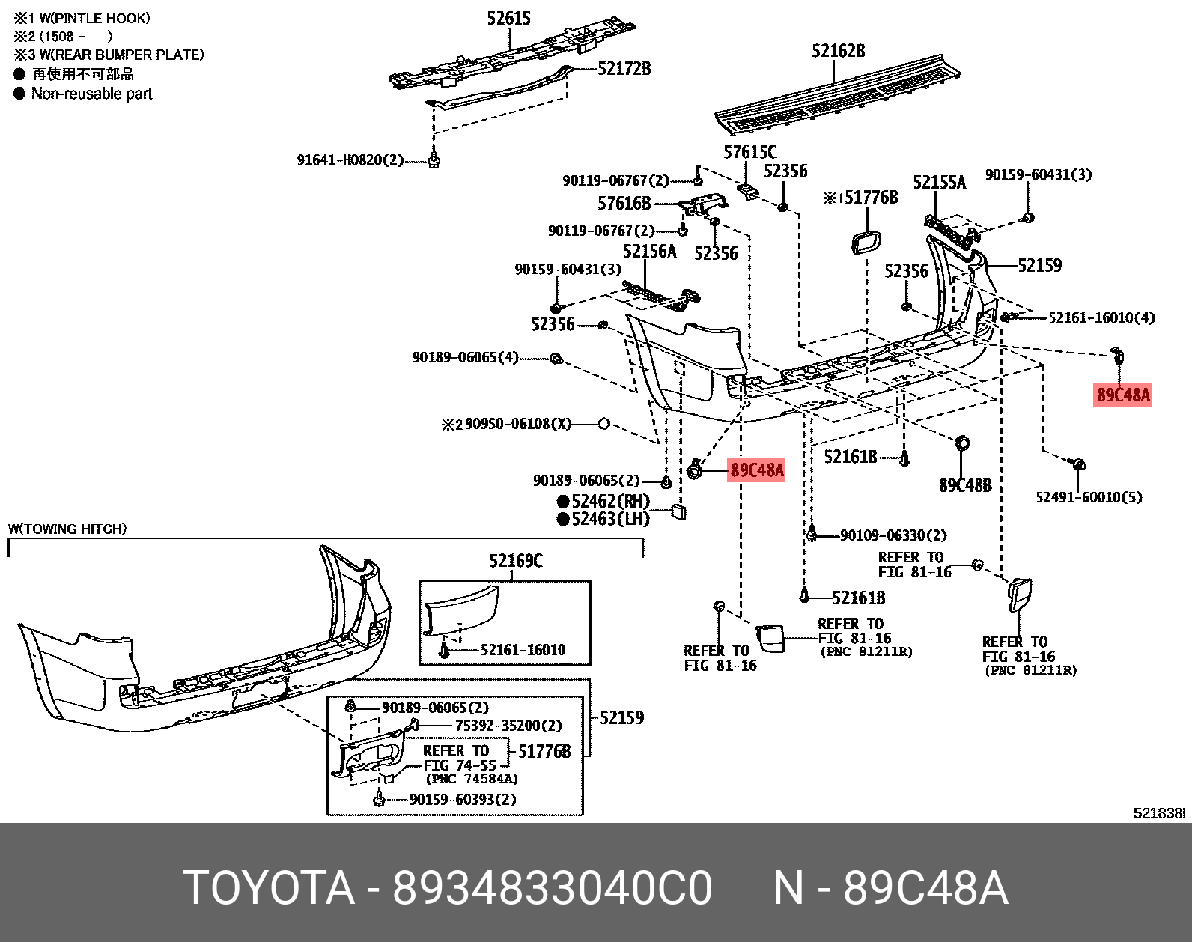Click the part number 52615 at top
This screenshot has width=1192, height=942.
tap(508, 19)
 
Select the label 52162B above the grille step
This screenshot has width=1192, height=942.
tap(838, 51)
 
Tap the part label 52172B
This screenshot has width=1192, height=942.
tap(624, 69)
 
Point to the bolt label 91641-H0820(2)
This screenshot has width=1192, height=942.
tap(350, 160)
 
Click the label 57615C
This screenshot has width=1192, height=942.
tap(749, 153)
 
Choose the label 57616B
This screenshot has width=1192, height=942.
tap(624, 204)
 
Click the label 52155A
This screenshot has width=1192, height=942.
tap(939, 183)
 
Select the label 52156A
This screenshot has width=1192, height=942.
tap(649, 252)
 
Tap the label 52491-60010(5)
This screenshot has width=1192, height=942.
tap(1089, 497)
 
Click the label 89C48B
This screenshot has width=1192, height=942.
tap(965, 486)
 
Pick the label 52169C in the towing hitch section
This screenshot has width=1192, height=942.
tap(516, 562)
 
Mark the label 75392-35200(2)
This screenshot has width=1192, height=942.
tap(508, 726)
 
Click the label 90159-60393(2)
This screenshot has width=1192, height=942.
tap(463, 800)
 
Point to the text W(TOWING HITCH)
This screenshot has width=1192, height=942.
tap(67, 529)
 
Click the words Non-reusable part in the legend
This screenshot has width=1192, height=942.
tap(91, 94)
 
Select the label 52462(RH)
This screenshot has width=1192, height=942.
tap(610, 502)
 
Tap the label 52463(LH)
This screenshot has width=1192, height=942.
tap(610, 519)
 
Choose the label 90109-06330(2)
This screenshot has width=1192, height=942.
tap(893, 535)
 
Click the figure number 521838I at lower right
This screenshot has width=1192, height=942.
tap(1158, 813)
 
